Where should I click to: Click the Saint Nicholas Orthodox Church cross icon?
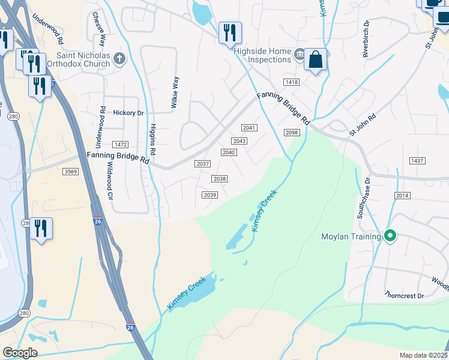tap(120, 58)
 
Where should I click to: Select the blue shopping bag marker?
tap(315, 61)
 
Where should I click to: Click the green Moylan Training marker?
tap(390, 236)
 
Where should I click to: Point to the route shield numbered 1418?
tap(292, 82)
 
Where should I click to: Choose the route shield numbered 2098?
tap(292, 133)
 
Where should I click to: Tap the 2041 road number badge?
tap(249, 128)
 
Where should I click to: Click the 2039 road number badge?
tap(209, 194)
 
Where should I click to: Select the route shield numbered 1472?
tap(121, 145)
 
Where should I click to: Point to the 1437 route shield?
tap(417, 161)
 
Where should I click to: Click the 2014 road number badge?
tap(402, 196)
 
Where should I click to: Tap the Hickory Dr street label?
tap(128, 112)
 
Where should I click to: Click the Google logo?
tap(20, 352)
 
